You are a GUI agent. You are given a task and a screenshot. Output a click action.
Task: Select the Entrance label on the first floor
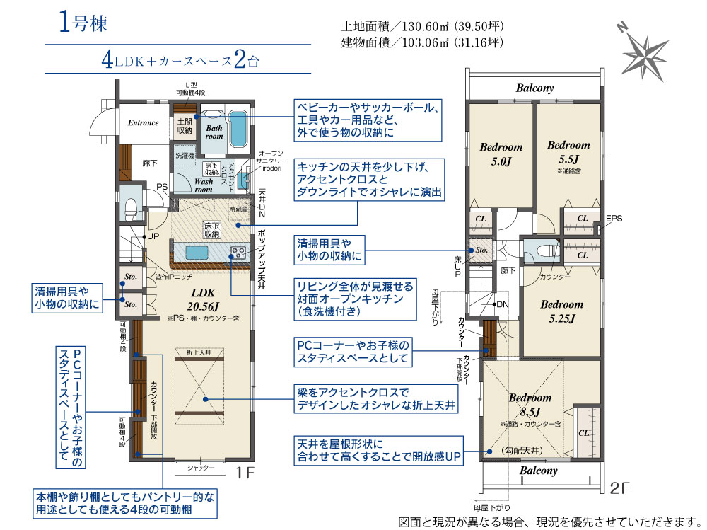[144, 123]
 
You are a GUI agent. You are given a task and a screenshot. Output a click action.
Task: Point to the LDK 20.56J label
[203, 299]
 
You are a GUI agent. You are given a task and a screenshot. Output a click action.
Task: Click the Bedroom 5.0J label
[501, 154]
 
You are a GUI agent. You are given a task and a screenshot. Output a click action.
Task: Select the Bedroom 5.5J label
[568, 151]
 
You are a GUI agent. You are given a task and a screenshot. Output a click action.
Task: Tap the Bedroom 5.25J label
[562, 311]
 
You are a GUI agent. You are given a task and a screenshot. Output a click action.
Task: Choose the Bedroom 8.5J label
[530, 405]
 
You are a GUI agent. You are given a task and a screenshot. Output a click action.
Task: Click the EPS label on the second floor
[614, 219]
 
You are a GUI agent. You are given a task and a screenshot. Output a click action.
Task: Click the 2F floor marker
[620, 488]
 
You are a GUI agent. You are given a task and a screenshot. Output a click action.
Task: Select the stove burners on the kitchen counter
[237, 251]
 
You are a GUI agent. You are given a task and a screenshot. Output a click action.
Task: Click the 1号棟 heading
[82, 24]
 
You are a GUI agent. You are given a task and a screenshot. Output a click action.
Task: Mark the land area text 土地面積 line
[422, 28]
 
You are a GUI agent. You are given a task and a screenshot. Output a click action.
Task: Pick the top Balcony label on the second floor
[534, 88]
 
